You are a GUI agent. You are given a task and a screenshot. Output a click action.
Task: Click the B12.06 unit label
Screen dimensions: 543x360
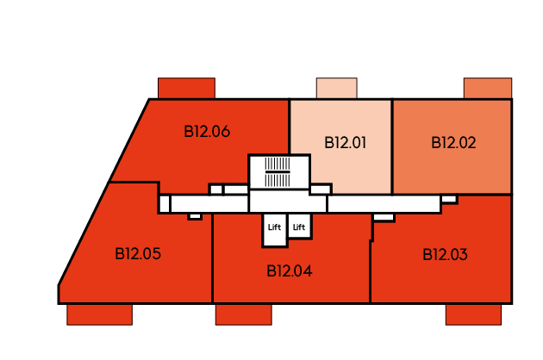207,132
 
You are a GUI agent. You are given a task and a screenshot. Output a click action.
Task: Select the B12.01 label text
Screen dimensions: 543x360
345,143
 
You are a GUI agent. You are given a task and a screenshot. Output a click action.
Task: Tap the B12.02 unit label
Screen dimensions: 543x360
453,143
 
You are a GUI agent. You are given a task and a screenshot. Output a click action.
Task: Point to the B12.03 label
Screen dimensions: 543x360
445,254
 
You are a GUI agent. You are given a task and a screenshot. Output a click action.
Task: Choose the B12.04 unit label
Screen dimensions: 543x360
290,270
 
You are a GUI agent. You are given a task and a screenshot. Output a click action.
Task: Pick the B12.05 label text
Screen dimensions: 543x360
138,254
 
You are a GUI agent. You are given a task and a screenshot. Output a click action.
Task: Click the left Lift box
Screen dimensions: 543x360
275,230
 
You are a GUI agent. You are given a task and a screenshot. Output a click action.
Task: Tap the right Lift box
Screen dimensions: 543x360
300,226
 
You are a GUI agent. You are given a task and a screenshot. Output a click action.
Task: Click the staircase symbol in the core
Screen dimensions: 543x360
278,172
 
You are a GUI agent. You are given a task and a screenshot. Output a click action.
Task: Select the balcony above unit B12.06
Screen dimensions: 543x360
186,88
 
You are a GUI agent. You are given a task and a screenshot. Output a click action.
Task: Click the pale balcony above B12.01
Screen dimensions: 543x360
336,88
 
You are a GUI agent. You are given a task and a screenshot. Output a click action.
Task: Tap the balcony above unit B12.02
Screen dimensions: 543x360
488,88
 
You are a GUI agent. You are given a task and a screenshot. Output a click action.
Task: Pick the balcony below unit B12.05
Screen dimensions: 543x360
99,314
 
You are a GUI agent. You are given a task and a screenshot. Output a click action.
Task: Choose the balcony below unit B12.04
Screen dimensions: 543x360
243,314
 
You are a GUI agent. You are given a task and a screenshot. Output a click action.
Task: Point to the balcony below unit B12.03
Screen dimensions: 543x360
473,314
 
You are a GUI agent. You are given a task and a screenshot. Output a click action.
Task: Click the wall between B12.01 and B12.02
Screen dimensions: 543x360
392,147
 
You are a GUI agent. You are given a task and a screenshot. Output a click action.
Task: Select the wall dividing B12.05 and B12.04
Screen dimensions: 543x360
212,258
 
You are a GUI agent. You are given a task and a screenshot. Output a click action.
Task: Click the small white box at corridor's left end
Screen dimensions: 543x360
165,204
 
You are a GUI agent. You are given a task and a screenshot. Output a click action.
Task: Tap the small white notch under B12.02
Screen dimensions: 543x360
449,199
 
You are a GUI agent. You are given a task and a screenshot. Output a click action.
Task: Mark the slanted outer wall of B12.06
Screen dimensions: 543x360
129,140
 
